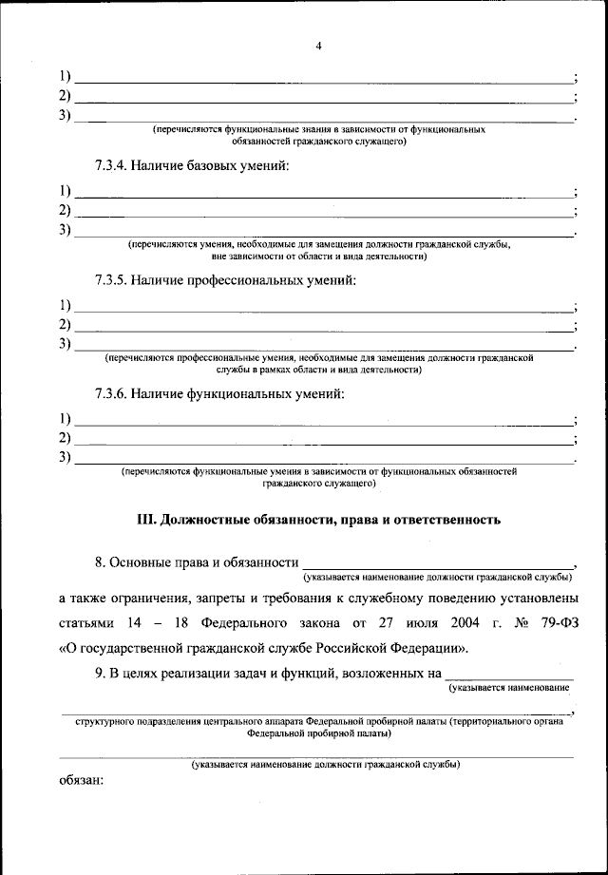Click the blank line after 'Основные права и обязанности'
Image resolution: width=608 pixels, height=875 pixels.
(437, 563)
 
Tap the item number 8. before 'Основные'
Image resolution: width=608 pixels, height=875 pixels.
(101, 563)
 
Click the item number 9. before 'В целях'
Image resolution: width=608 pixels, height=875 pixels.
(101, 675)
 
